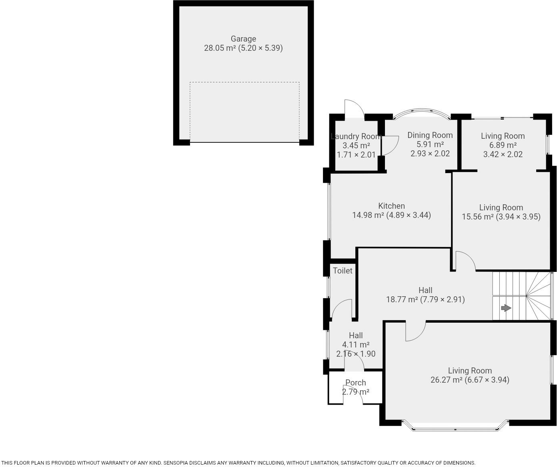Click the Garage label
243,39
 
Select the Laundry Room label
355,136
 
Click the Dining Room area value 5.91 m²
430,144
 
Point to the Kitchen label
391,206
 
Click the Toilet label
343,271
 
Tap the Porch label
355,383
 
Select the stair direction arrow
506,308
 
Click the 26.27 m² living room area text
446,380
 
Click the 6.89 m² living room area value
503,145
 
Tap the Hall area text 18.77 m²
402,299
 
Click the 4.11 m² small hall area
355,345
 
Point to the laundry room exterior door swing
354,108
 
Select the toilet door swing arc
341,308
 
